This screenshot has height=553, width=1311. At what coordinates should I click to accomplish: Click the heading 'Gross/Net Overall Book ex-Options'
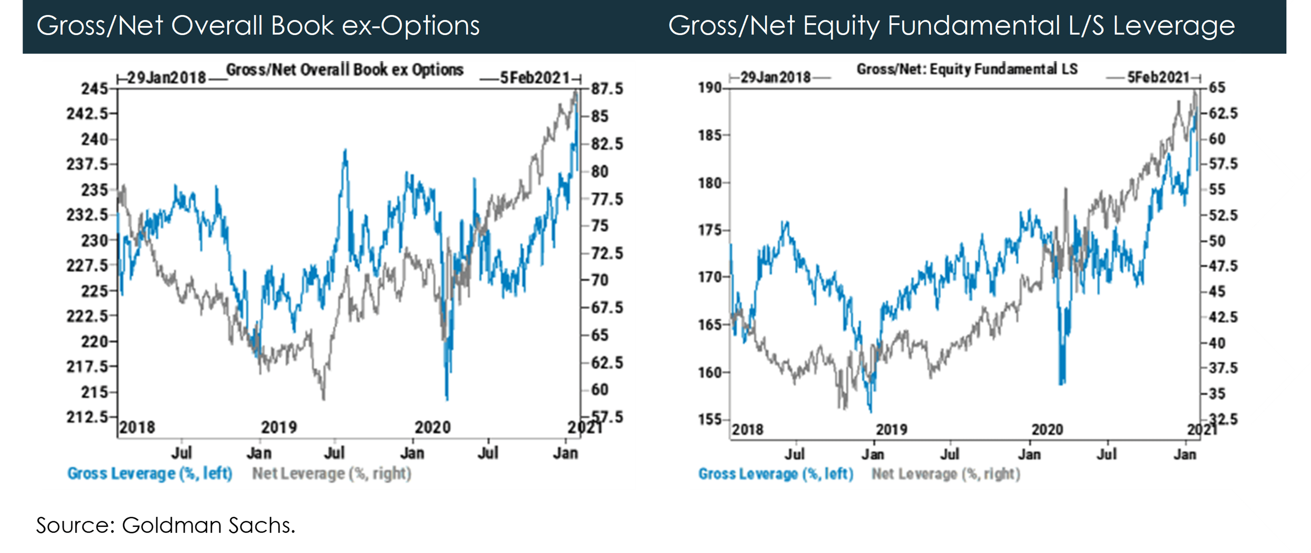[258, 25]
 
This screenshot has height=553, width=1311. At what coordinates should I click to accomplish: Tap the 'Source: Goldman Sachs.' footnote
[165, 525]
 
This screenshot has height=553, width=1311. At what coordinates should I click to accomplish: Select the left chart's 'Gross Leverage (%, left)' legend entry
[150, 473]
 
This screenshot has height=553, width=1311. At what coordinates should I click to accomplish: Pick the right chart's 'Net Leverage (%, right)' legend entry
[946, 474]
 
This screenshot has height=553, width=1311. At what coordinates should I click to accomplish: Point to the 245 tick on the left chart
[95, 89]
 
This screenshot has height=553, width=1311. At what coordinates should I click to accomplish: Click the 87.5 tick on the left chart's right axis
[607, 89]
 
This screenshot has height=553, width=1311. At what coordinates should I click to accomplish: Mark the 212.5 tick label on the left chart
[87, 417]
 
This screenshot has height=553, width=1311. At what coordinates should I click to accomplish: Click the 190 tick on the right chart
[709, 88]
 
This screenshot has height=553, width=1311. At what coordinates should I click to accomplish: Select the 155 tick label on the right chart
[709, 420]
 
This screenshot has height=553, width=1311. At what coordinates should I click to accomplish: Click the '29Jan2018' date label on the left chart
[166, 78]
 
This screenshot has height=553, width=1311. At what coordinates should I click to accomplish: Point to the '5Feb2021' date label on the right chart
[1158, 77]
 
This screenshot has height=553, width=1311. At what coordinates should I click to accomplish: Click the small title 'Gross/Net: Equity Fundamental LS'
[967, 69]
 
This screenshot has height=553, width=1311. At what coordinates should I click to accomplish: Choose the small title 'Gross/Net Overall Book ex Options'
[345, 70]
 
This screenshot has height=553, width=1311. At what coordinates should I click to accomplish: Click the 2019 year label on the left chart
[279, 427]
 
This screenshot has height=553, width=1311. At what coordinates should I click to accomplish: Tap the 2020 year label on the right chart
[1047, 430]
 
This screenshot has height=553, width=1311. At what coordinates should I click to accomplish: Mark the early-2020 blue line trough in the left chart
[447, 399]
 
